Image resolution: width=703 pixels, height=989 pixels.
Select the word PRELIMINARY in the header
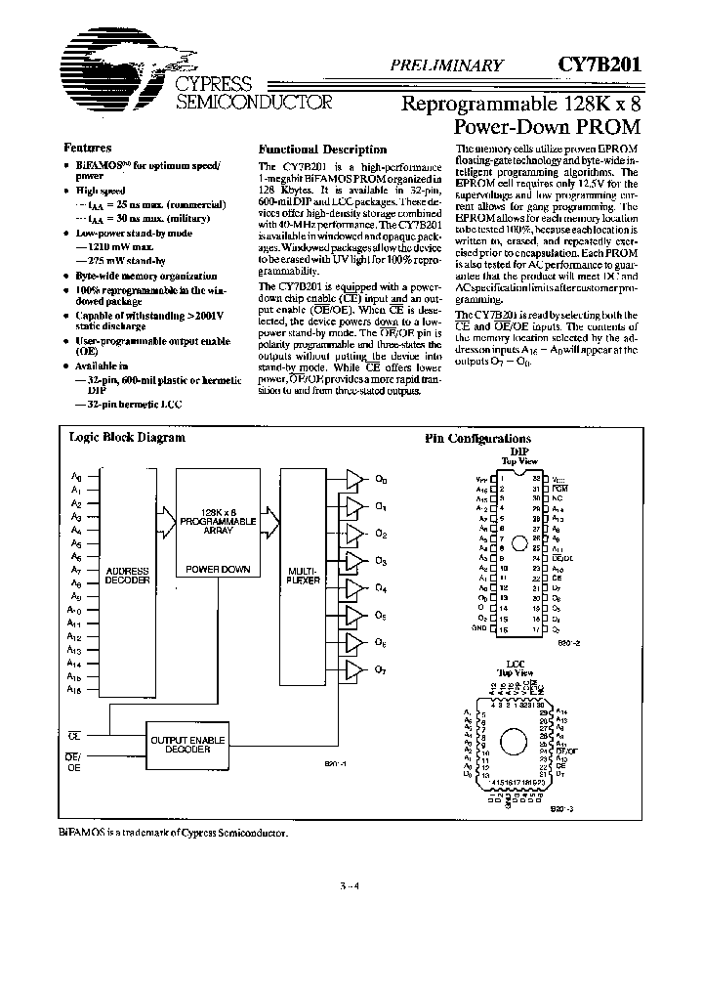(x=446, y=66)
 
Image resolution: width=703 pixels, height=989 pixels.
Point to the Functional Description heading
(x=321, y=150)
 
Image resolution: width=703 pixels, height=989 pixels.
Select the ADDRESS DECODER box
(x=127, y=574)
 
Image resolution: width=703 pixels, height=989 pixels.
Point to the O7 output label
(x=381, y=670)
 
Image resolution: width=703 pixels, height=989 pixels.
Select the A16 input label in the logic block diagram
(x=75, y=690)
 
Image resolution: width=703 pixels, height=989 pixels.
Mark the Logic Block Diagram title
(x=126, y=438)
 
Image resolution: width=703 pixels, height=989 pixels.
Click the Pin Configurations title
(x=477, y=440)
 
